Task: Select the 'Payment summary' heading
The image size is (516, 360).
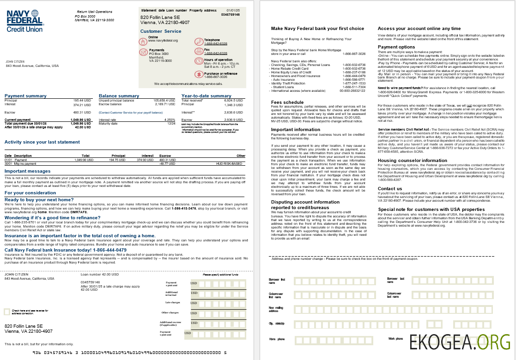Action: click(25, 96)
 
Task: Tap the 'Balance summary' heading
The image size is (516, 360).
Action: click(119, 96)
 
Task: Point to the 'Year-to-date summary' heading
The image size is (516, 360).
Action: click(206, 96)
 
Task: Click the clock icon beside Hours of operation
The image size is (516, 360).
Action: click(199, 60)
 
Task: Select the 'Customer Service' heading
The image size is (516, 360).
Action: click(161, 31)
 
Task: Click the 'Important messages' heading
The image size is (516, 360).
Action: click(27, 171)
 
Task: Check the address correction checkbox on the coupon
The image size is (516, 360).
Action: click(7, 312)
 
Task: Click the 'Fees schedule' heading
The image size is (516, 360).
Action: click(287, 102)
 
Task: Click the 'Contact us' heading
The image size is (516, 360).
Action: click(390, 188)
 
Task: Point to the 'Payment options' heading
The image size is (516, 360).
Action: click(396, 47)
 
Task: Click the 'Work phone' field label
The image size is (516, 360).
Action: click(395, 338)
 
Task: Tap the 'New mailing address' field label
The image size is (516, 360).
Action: click(276, 309)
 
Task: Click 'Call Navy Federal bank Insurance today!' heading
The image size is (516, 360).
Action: click(66, 250)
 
